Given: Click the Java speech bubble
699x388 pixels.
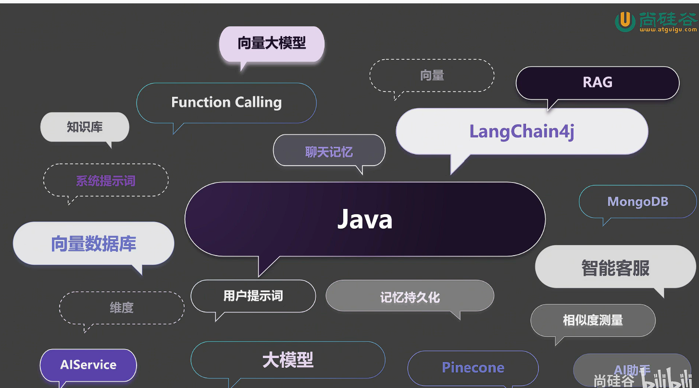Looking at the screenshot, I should click(365, 219).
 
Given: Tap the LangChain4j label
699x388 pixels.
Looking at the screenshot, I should click(522, 131).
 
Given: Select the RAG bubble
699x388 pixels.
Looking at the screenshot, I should click(597, 82).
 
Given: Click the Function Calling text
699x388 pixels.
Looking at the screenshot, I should click(226, 103).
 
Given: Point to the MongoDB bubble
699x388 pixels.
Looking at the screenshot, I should click(637, 202).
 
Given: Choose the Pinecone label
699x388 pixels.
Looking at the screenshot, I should click(473, 368).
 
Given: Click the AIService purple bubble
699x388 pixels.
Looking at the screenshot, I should click(88, 365).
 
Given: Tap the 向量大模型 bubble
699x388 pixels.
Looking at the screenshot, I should click(272, 43).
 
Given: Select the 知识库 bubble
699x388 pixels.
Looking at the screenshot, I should click(85, 127).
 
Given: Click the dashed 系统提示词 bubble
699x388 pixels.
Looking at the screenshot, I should click(106, 181).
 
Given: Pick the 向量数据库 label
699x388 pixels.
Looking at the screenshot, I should click(93, 244).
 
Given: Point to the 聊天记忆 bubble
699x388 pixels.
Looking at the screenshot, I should click(329, 152).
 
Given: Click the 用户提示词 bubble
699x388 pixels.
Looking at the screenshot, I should click(253, 296).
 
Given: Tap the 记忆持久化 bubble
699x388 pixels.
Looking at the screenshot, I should click(410, 297).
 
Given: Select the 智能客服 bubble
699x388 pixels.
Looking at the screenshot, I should click(615, 268).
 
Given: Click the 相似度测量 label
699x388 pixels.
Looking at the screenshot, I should click(593, 320).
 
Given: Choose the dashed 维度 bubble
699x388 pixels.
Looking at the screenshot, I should click(122, 308).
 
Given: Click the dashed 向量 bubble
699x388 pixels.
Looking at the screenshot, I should click(432, 75).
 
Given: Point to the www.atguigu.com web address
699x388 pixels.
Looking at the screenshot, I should click(667, 29).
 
